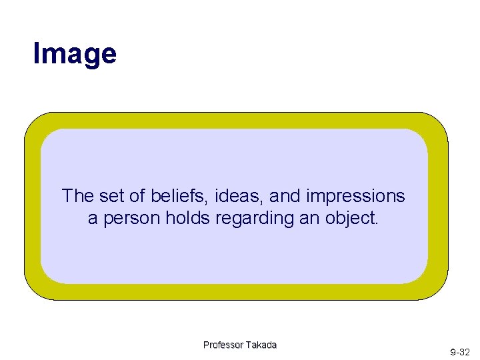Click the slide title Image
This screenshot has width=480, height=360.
(x=75, y=53)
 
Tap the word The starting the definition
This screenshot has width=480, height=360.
(x=78, y=196)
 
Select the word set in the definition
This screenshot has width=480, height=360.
(x=111, y=196)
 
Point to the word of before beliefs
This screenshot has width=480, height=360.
(x=136, y=196)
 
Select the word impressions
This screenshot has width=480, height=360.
(x=355, y=197)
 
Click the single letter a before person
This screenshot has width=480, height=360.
(x=93, y=219)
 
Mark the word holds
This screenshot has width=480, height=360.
(x=185, y=218)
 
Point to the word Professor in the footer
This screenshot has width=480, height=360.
(x=223, y=345)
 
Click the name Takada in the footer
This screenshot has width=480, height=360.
(x=261, y=345)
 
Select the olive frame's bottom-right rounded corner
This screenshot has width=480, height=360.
(x=436, y=288)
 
